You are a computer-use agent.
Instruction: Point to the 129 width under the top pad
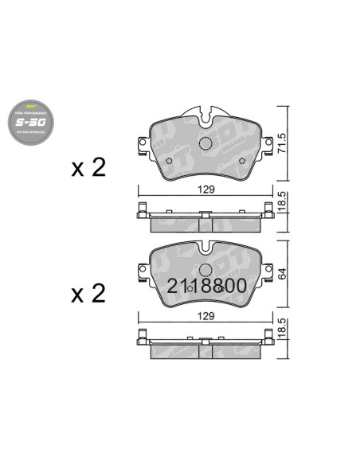point(206,190)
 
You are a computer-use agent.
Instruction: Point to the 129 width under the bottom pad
point(206,315)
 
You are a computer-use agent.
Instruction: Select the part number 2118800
point(206,285)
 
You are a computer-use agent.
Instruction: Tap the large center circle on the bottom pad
point(205,271)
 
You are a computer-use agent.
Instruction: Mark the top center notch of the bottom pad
point(205,244)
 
